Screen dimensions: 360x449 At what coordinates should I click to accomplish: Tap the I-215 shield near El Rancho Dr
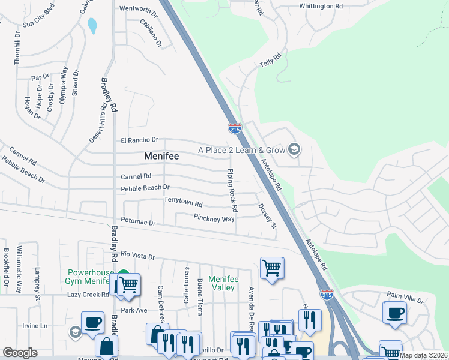click(x=235, y=128)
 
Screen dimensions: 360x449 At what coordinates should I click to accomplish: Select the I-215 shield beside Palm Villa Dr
click(x=327, y=294)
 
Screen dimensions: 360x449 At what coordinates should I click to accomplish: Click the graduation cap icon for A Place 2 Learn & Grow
click(x=294, y=149)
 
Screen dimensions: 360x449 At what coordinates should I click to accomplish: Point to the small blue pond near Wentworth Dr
click(x=92, y=26)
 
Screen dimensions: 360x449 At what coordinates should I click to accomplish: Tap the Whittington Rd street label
click(x=321, y=6)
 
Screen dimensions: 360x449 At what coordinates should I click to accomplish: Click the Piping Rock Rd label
click(x=231, y=191)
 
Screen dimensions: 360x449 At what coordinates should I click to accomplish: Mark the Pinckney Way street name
click(x=214, y=218)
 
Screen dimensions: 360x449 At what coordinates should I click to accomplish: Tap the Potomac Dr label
click(x=138, y=223)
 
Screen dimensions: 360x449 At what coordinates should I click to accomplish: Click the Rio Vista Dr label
click(x=137, y=255)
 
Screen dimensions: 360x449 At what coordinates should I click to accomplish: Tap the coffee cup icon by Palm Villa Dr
click(x=395, y=313)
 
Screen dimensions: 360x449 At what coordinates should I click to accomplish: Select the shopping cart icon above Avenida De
click(x=272, y=268)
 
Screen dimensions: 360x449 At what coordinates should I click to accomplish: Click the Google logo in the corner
click(x=20, y=353)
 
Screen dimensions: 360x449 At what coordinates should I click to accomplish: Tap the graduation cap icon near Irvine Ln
click(x=75, y=332)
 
